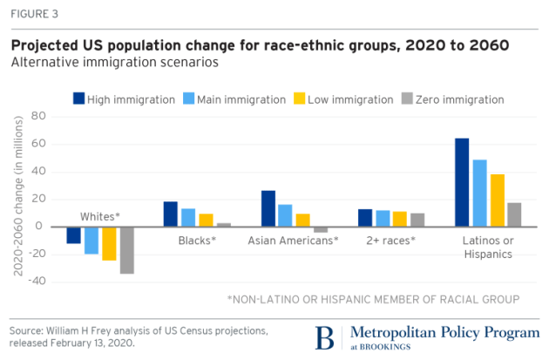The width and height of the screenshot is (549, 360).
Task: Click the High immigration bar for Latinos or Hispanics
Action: [462, 182]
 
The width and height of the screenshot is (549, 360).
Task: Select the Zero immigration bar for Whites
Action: [127, 249]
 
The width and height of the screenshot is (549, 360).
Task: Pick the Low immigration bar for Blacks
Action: [206, 220]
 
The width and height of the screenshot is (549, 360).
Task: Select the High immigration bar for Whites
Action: [74, 234]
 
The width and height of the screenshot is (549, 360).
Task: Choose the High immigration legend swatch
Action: [78, 98]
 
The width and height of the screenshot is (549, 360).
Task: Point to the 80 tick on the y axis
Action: [37, 116]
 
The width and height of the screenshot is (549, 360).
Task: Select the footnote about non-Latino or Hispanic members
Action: [373, 299]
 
